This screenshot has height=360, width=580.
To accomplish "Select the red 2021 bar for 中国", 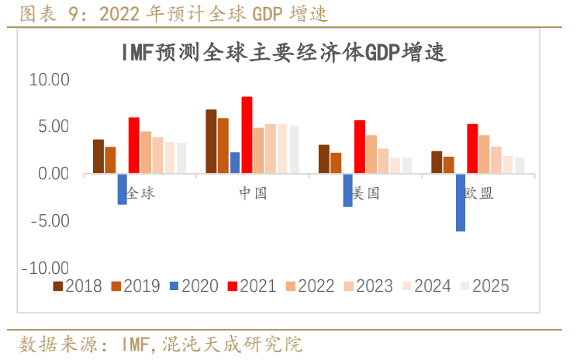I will [x=247, y=135].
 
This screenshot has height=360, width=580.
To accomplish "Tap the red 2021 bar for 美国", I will [x=359, y=147].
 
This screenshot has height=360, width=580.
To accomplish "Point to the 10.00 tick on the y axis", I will [x=50, y=80].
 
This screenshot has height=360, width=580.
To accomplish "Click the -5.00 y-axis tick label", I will [x=50, y=221].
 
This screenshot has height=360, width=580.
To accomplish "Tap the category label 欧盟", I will [x=478, y=192].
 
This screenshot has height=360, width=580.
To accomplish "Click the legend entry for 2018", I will [x=78, y=286].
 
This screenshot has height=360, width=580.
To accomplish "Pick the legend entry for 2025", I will [x=485, y=286].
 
